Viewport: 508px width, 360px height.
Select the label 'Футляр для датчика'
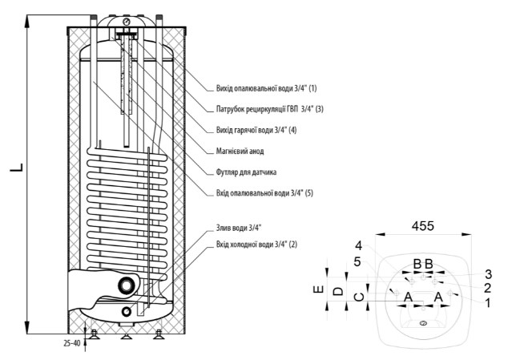[x=247, y=172]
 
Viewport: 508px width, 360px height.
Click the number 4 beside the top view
[x=360, y=245]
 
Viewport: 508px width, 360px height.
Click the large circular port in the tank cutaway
[x=127, y=286]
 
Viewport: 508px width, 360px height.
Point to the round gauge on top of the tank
[x=127, y=21]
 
